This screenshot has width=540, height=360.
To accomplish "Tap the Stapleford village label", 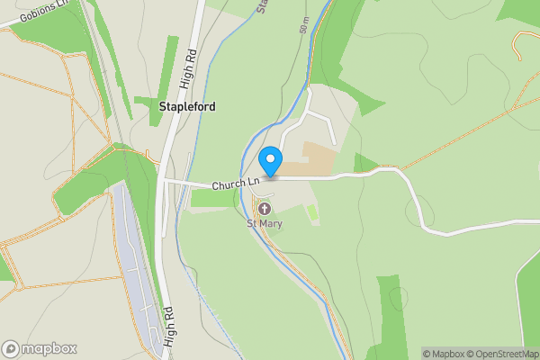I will coord(186,106).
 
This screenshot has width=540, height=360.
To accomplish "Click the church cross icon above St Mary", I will coord(265,209).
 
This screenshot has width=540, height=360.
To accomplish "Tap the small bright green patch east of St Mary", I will coord(312,213).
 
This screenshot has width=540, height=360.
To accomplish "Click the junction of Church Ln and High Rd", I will coord(164,181).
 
